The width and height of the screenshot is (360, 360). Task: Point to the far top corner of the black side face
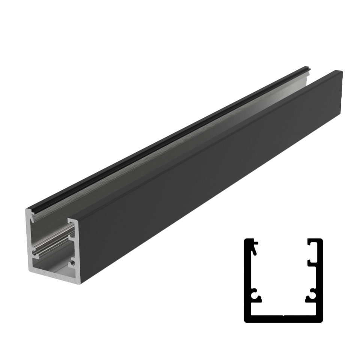(341, 71)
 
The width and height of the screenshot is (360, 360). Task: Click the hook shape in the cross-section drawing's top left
(255, 248)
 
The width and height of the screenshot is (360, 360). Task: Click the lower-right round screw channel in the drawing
(310, 296)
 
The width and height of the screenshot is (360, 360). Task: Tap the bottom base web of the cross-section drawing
(283, 318)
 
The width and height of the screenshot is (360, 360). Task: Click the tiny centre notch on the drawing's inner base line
(283, 314)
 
